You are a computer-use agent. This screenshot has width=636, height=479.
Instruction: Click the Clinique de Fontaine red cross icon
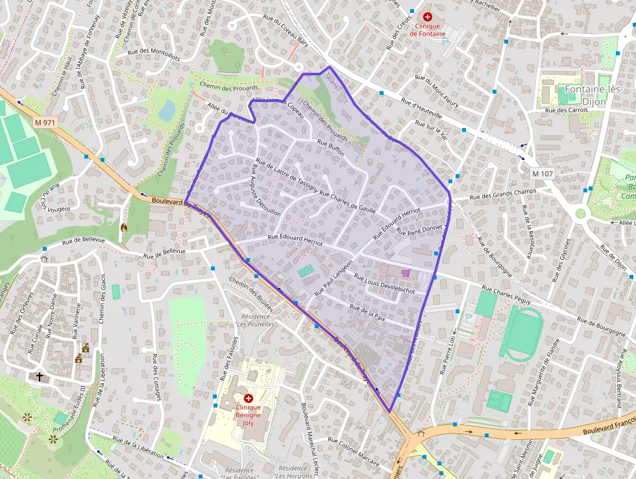[427, 17]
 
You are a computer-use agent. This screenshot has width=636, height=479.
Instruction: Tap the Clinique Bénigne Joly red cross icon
[248, 397]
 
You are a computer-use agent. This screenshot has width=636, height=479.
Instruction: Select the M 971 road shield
[45, 122]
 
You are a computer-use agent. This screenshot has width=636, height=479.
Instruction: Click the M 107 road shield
[542, 174]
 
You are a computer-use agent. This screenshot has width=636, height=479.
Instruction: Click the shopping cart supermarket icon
[406, 273]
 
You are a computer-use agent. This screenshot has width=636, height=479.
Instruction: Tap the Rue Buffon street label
[330, 145]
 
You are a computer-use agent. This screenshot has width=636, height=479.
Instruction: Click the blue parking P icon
[469, 318]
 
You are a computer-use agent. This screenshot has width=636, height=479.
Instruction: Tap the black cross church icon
[40, 376]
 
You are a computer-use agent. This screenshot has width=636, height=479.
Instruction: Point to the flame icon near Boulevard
[125, 227]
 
